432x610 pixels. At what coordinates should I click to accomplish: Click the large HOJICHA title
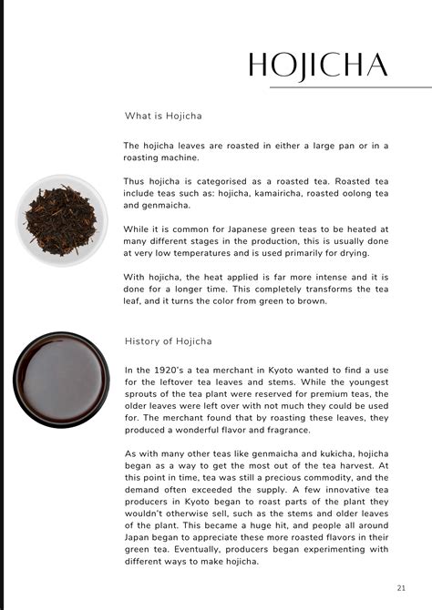click(x=319, y=65)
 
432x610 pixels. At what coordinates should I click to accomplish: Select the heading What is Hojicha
click(x=163, y=117)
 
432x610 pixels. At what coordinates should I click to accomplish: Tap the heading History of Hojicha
click(x=169, y=341)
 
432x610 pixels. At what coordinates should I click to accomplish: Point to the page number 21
click(x=401, y=588)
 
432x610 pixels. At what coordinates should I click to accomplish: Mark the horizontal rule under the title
click(x=350, y=87)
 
